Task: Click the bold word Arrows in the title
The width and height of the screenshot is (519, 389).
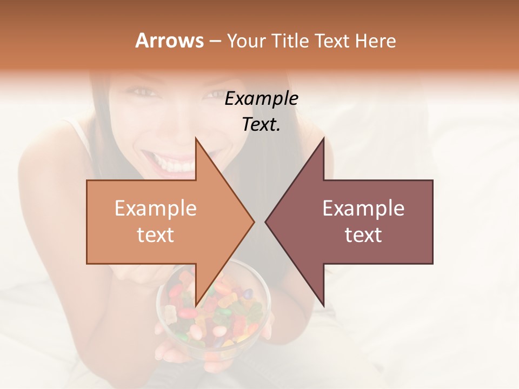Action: click(x=169, y=41)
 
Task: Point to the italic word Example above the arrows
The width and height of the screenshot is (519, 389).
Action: click(x=261, y=99)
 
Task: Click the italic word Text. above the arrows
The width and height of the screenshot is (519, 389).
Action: click(x=261, y=124)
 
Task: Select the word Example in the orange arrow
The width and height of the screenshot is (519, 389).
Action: click(x=156, y=209)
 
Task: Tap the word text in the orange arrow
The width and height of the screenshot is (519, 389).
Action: click(x=156, y=235)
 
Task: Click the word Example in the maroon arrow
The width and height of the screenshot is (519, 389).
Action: click(x=363, y=209)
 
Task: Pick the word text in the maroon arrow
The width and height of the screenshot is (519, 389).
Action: click(x=363, y=235)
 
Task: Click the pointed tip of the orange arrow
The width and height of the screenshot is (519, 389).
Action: click(x=252, y=222)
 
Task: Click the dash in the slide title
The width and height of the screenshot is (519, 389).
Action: click(x=215, y=41)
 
